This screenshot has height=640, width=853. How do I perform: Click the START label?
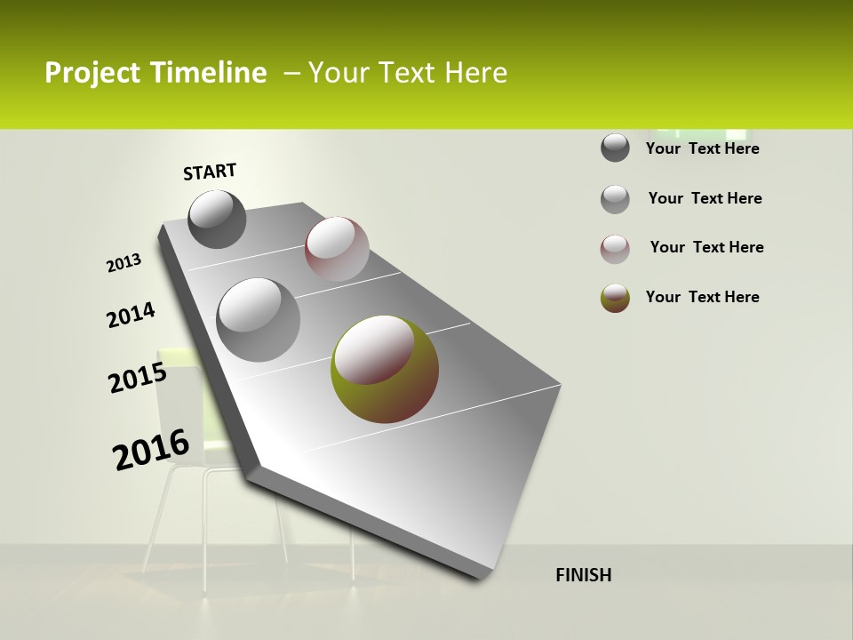[x=210, y=172]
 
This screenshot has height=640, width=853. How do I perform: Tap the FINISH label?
[x=584, y=575]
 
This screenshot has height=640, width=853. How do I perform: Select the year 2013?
[x=124, y=263]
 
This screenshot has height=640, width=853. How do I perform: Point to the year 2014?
[x=131, y=315]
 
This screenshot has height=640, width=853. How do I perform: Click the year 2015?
[x=138, y=378]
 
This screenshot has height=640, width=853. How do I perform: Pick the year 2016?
[x=151, y=450]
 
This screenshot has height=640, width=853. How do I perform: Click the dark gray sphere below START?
[x=218, y=219]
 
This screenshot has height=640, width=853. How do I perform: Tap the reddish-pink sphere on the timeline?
[x=337, y=249]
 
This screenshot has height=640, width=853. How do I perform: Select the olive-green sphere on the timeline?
[x=385, y=369]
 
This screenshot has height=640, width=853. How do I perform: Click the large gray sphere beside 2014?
[x=259, y=320]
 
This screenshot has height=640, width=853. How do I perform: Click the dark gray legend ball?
[x=615, y=148]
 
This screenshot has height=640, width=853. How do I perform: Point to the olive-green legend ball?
[x=615, y=298]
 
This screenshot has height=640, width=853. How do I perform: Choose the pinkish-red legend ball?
[x=615, y=249]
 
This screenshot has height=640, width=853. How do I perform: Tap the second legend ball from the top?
[x=615, y=199]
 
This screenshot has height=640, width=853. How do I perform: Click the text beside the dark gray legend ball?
[x=702, y=148]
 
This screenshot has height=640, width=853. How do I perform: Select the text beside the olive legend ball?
[x=702, y=297]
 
